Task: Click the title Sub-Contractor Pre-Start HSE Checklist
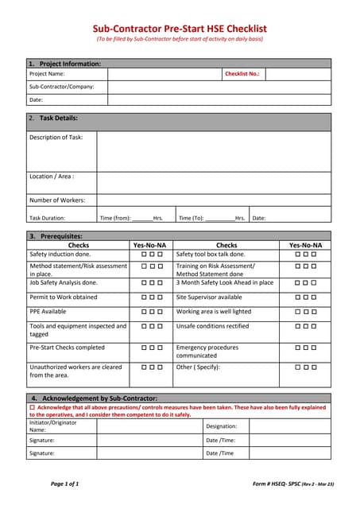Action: [x=180, y=28]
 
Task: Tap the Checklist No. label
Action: [x=242, y=73]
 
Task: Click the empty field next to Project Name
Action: [x=165, y=73]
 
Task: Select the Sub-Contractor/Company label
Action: [x=61, y=87]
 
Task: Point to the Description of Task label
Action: [x=56, y=137]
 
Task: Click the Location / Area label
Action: [x=52, y=176]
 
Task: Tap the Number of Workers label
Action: [x=56, y=200]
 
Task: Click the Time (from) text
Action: [x=115, y=217]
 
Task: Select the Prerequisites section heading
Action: [x=56, y=236]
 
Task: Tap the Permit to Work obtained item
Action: [x=63, y=297]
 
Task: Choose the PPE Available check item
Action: [x=48, y=312]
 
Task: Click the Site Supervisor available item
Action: [x=209, y=297]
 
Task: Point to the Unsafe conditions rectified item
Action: [x=212, y=326]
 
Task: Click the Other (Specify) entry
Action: [x=199, y=367]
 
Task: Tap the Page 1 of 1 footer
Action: [x=65, y=484]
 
